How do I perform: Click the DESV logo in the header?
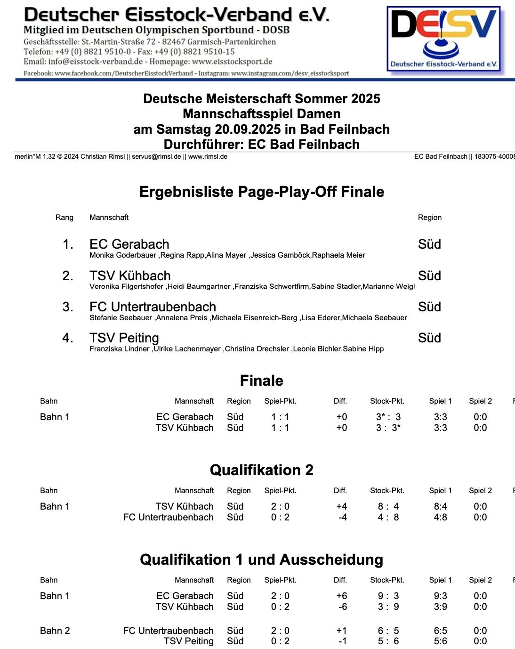[443, 39]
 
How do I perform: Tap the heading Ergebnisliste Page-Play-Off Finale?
[261, 192]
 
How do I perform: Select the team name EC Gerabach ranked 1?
[129, 244]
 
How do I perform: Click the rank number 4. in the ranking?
[68, 338]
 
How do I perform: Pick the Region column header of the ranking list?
[429, 218]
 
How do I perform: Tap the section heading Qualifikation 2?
[261, 470]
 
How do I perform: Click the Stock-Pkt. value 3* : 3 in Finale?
[388, 417]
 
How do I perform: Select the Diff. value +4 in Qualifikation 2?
[342, 506]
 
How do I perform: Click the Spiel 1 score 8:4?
[440, 506]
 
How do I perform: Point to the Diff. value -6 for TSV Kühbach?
[342, 607]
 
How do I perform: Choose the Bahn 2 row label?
[55, 631]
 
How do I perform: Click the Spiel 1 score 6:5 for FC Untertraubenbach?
[440, 631]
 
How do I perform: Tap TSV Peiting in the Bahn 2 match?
[189, 641]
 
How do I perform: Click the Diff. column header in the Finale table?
[340, 401]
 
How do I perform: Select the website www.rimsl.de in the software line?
[208, 157]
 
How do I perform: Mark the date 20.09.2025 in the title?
[248, 130]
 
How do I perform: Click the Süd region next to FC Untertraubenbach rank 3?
[429, 307]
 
